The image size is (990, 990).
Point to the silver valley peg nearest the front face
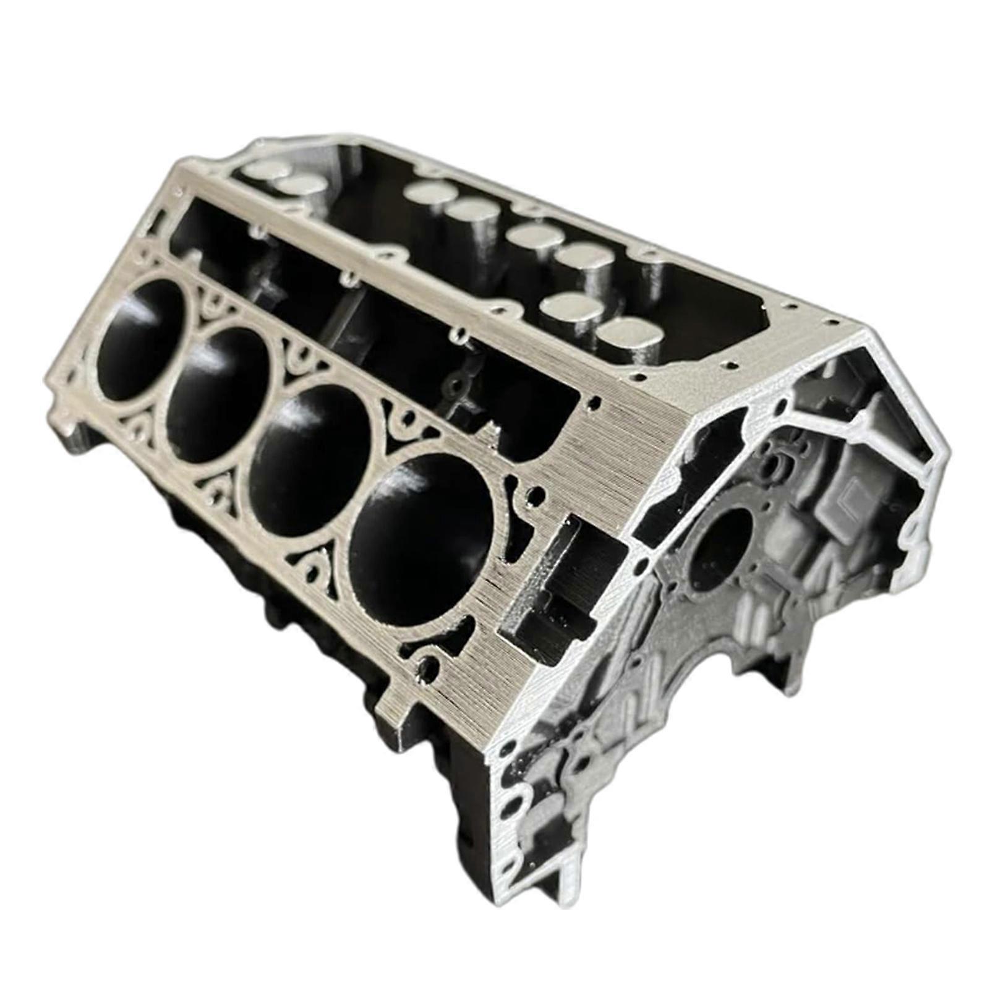pyautogui.click(x=625, y=337)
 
